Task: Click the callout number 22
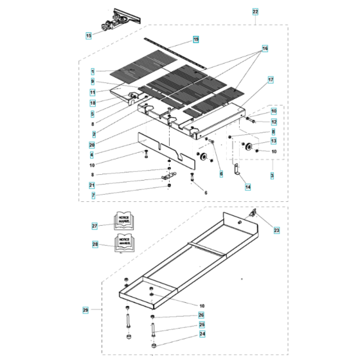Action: pyautogui.click(x=255, y=12)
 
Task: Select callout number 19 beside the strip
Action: pyautogui.click(x=195, y=40)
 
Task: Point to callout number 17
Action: pyautogui.click(x=271, y=80)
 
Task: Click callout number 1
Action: pyautogui.click(x=93, y=71)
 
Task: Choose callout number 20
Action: pyautogui.click(x=93, y=145)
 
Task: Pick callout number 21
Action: pyautogui.click(x=93, y=195)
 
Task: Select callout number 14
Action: pyautogui.click(x=247, y=186)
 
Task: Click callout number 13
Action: pyautogui.click(x=273, y=141)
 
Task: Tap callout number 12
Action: pyautogui.click(x=273, y=122)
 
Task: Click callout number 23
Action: pyautogui.click(x=276, y=230)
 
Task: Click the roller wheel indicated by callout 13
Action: pyautogui.click(x=246, y=148)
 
